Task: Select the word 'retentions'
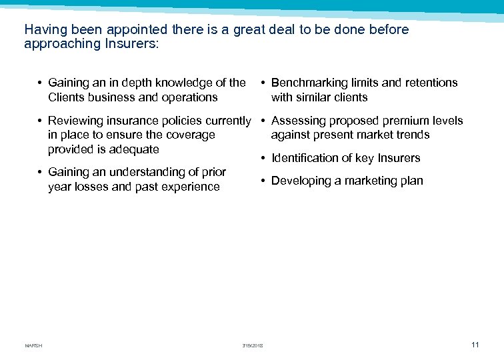pos(428,83)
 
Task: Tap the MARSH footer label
pos(33,345)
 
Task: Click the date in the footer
pos(253,345)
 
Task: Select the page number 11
pos(475,345)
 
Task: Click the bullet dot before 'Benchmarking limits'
pos(264,83)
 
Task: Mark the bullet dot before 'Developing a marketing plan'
pos(264,181)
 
